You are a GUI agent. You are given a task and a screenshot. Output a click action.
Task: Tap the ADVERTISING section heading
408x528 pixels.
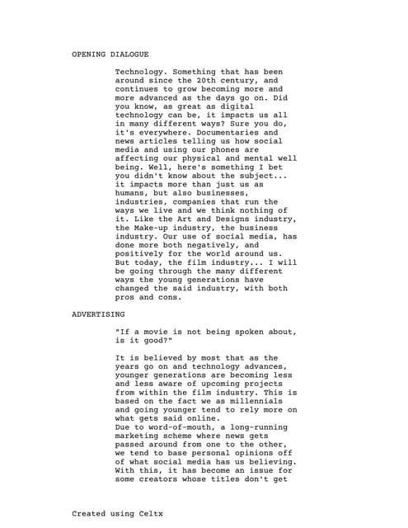pyautogui.click(x=98, y=314)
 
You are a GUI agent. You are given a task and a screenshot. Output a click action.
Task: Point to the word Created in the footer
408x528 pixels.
pyautogui.click(x=90, y=513)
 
